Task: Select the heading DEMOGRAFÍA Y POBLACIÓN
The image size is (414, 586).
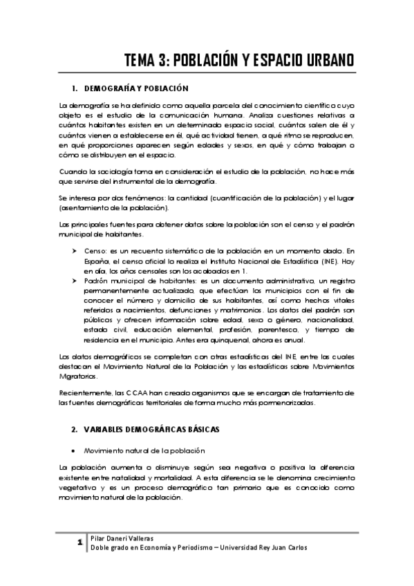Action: click(131, 88)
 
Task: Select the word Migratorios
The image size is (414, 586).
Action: click(82, 377)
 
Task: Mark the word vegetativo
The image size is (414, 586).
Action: click(79, 488)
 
